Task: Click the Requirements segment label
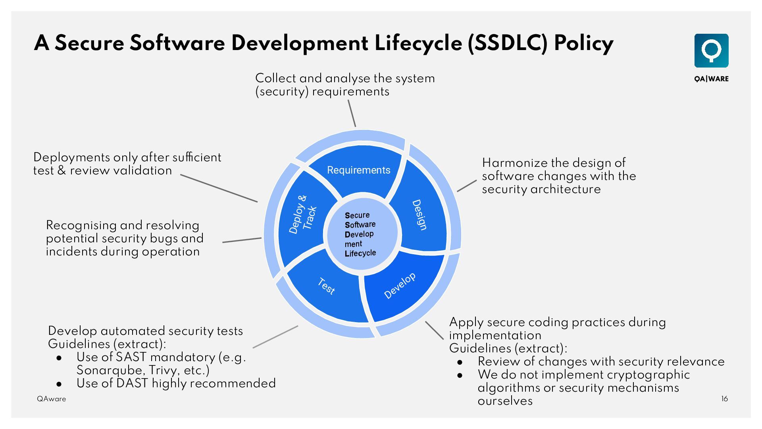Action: click(x=358, y=170)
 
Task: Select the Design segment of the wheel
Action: click(x=419, y=215)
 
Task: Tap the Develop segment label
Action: click(x=400, y=286)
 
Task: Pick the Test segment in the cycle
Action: click(x=326, y=286)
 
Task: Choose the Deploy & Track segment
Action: click(x=302, y=214)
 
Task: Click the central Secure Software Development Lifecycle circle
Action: click(x=360, y=234)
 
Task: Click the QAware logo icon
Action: click(x=711, y=51)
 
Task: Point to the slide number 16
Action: click(x=724, y=399)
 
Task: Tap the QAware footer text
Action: click(x=52, y=399)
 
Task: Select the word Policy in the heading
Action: click(x=583, y=43)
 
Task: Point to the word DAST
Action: click(x=132, y=383)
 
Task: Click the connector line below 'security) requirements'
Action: click(x=352, y=113)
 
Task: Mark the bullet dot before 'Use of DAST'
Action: click(x=59, y=384)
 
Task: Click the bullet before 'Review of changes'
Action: click(x=460, y=362)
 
